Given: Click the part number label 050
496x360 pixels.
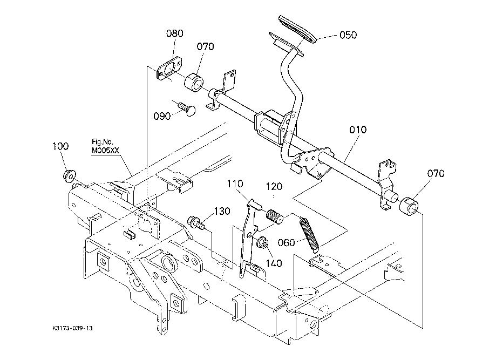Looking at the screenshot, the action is pyautogui.click(x=348, y=35).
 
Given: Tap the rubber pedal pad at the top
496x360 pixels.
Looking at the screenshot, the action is pyautogui.click(x=298, y=29).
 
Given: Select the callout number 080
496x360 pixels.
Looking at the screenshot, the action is pyautogui.click(x=175, y=33).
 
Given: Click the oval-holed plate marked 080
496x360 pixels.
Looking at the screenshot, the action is pyautogui.click(x=169, y=69).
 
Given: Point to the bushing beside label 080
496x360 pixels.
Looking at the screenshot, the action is pyautogui.click(x=194, y=83).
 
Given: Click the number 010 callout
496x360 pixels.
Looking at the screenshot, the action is pyautogui.click(x=358, y=130).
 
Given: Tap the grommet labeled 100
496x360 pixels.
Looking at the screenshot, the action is pyautogui.click(x=69, y=176).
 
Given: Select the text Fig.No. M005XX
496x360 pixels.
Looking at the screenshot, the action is pyautogui.click(x=105, y=146).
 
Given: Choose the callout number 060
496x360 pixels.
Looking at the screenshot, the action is pyautogui.click(x=286, y=243).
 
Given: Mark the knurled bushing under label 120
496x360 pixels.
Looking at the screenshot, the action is pyautogui.click(x=275, y=216).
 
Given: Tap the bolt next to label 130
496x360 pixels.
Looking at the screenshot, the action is pyautogui.click(x=196, y=222).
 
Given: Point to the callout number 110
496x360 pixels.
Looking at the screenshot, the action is pyautogui.click(x=235, y=184).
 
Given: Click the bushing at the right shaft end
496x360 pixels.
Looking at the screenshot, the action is pyautogui.click(x=409, y=206).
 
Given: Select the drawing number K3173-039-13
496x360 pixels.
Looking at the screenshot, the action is pyautogui.click(x=73, y=328).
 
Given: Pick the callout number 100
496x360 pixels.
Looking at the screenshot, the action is pyautogui.click(x=60, y=146).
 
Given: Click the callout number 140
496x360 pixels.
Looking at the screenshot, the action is pyautogui.click(x=274, y=263).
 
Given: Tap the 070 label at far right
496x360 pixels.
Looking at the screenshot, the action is pyautogui.click(x=436, y=173).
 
